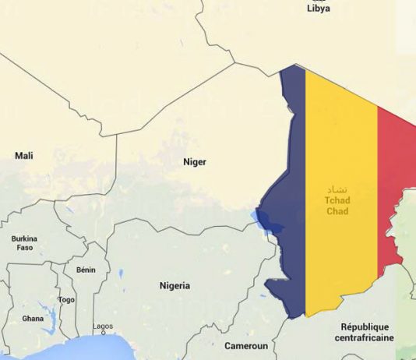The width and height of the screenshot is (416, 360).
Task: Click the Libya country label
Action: coord(318,9)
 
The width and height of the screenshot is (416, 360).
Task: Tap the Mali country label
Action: coord(24,156)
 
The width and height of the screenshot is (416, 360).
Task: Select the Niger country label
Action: coord(194,162)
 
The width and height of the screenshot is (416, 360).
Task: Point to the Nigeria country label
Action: coord(174,286)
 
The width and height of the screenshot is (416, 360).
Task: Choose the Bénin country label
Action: coord(86,270)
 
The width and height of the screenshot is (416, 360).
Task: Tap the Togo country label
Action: coord(66,299)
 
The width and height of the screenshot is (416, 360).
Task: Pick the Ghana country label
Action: coord(33,319)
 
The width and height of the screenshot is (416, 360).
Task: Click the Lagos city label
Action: coord(103,326)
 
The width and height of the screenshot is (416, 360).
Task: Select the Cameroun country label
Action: coord(245,345)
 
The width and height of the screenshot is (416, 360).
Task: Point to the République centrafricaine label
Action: coord(365,332)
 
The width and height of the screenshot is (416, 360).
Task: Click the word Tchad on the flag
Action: coord(337,200)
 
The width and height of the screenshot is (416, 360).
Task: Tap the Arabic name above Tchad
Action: coord(337,189)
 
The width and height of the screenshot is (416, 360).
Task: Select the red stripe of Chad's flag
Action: coord(395,179)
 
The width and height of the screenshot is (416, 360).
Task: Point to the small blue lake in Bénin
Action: coord(121,274)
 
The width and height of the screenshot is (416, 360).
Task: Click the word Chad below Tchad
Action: coord(337,211)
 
